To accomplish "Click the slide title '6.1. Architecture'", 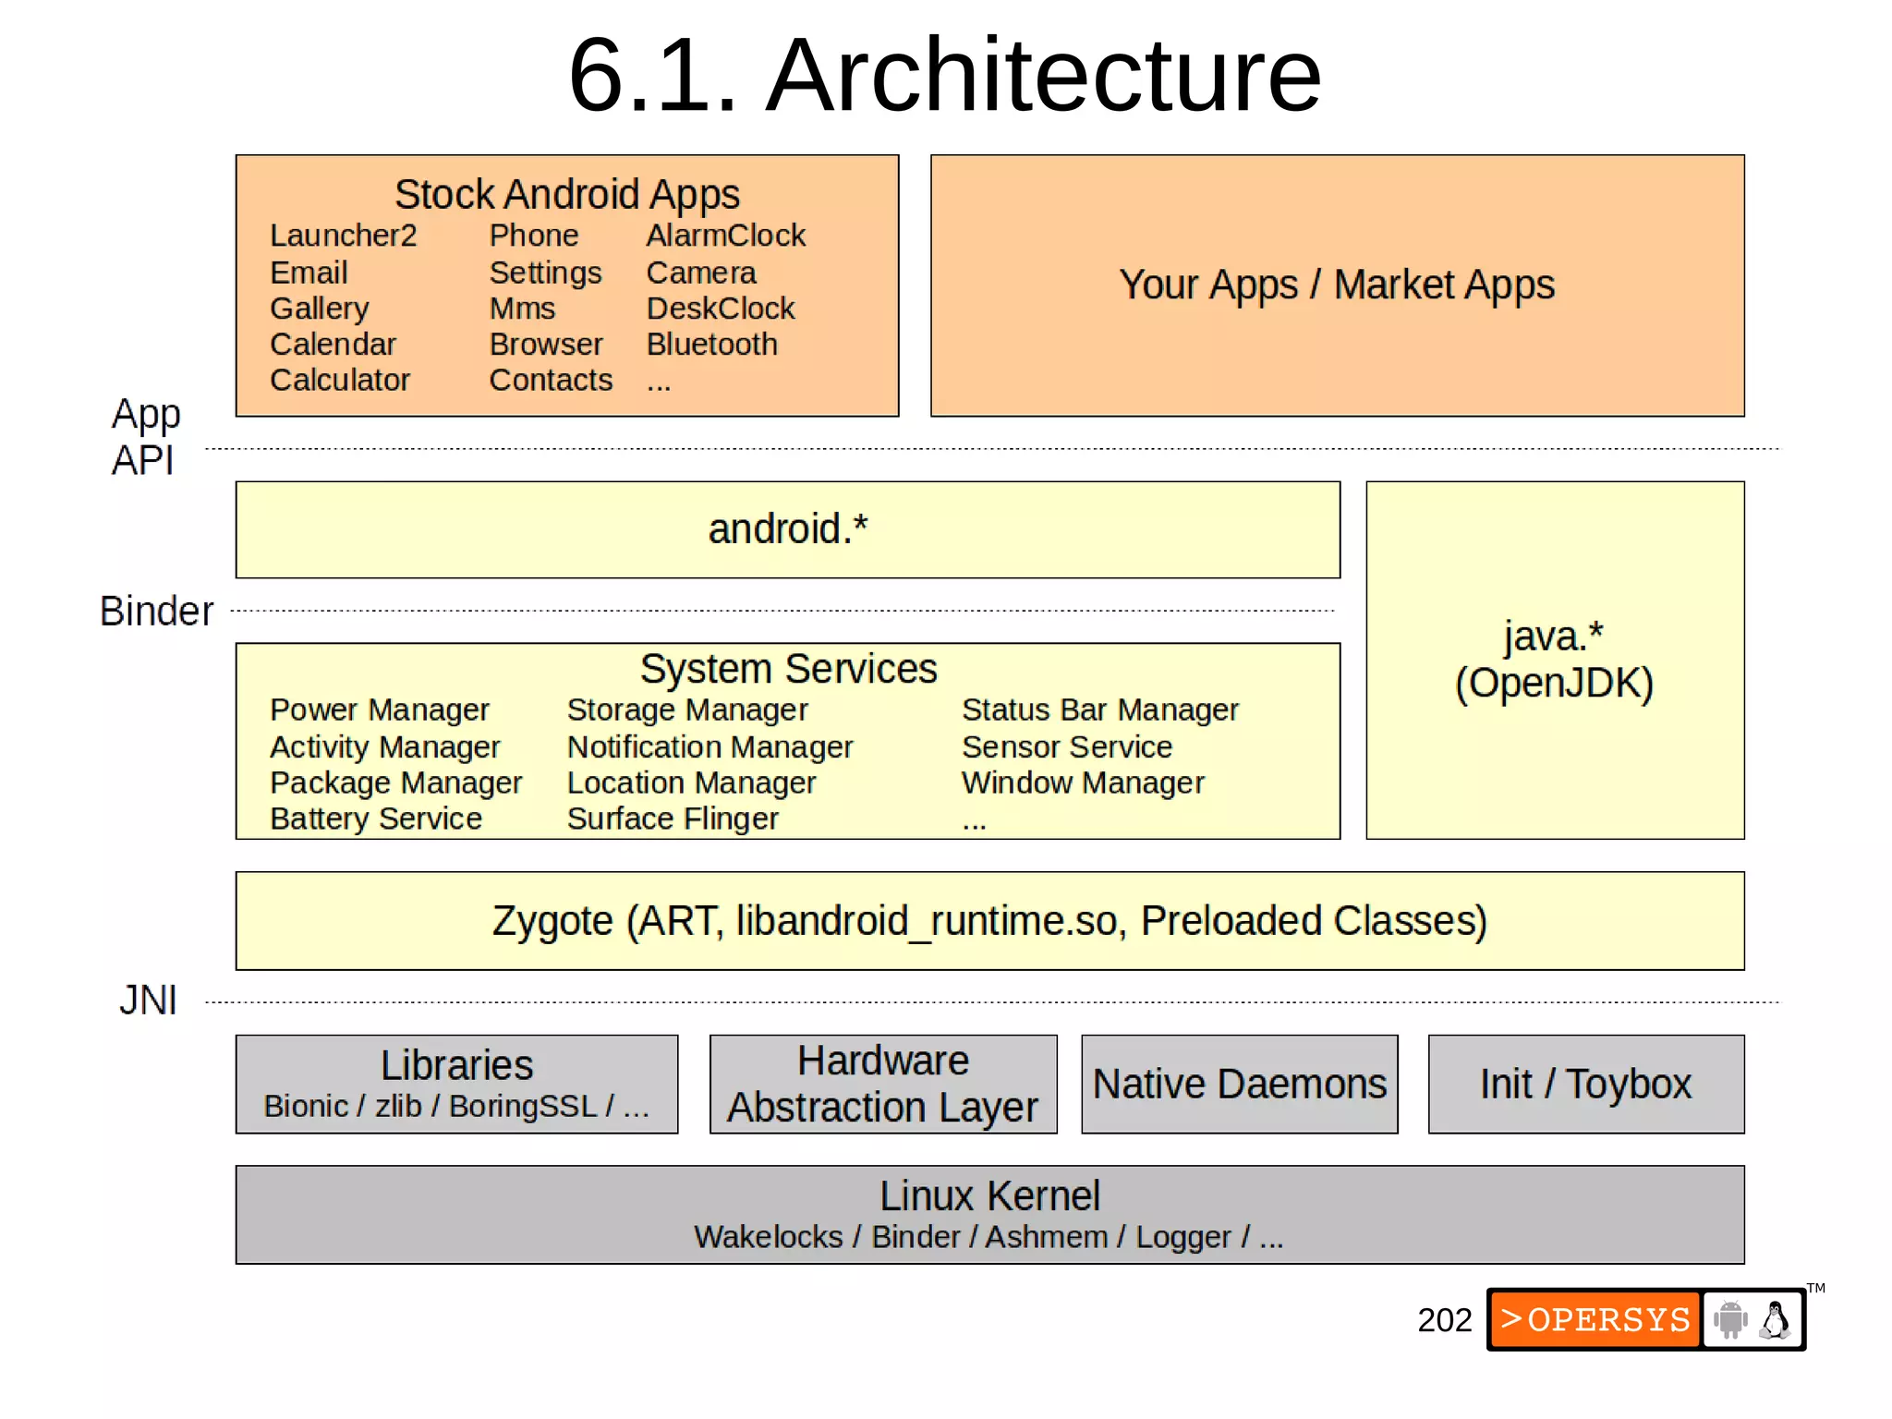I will pos(944,76).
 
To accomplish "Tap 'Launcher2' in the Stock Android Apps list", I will pos(343,236).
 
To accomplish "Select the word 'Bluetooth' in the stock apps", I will pos(711,345).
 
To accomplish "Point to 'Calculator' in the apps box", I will pos(339,381).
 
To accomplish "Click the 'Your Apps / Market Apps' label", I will pos(1337,285).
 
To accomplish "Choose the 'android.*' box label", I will pos(787,529).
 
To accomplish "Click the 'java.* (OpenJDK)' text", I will pos(1554,660).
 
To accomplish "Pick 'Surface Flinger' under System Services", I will pos(672,819).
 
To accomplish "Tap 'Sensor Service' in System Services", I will pos(1066,746).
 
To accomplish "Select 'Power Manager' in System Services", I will pos(379,709).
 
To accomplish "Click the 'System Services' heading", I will pos(787,669).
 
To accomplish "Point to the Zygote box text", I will pos(989,921).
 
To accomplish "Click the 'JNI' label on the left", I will pos(148,1001).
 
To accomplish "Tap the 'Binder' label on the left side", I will pos(156,611).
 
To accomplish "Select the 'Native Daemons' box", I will pos(1239,1084).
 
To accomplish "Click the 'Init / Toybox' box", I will pos(1585,1084).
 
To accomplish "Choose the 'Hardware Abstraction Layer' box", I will pos(882,1084).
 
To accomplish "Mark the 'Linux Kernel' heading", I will pos(989,1196).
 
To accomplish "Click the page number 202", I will pos(1444,1320).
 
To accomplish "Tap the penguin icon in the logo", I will pos(1775,1320).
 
